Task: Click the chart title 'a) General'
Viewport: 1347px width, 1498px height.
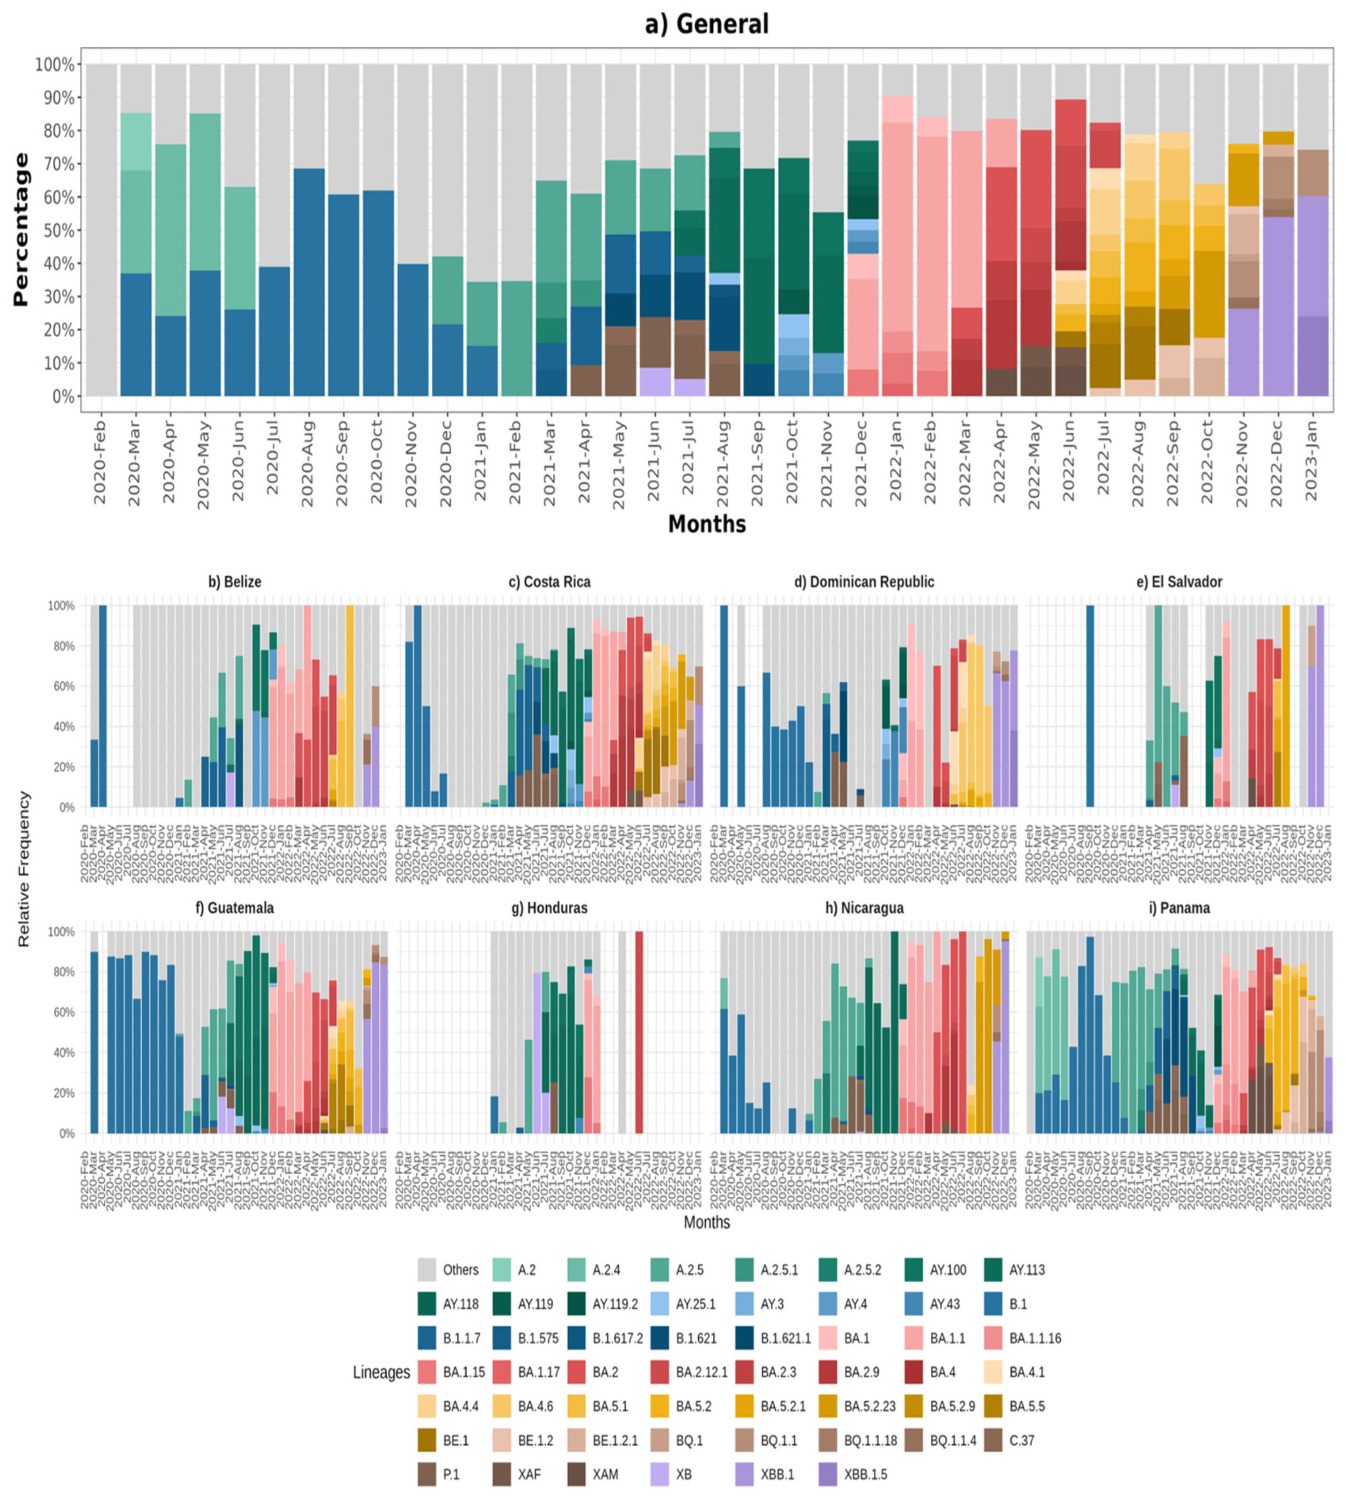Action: click(x=707, y=24)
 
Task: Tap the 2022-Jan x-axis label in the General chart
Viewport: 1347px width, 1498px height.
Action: click(x=897, y=459)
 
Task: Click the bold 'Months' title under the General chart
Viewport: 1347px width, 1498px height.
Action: click(x=707, y=523)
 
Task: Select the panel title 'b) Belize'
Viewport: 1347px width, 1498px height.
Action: click(x=235, y=582)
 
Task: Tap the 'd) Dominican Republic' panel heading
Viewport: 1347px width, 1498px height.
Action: click(x=864, y=582)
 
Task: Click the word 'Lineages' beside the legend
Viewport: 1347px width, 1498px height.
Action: click(x=381, y=1372)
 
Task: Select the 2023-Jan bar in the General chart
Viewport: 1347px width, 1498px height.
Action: click(x=1312, y=296)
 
